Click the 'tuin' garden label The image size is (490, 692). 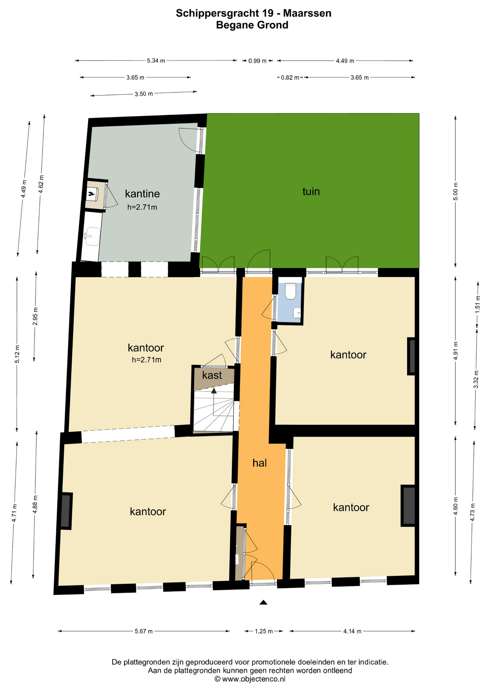(x=311, y=191)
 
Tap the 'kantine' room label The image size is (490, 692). (x=142, y=194)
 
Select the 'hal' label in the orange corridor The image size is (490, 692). (x=259, y=463)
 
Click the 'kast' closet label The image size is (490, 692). (x=212, y=375)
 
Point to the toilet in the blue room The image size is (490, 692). (x=290, y=291)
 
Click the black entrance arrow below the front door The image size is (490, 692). (x=263, y=602)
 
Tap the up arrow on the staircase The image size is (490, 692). (x=214, y=391)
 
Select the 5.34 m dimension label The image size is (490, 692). (x=156, y=61)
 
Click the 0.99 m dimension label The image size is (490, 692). (x=257, y=61)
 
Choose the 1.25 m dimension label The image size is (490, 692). (x=264, y=631)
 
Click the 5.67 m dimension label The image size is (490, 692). (x=144, y=631)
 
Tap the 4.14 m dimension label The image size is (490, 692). (x=352, y=631)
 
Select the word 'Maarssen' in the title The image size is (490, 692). (x=307, y=13)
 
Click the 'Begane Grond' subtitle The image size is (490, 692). (x=252, y=25)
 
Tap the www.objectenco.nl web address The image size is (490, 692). (x=254, y=679)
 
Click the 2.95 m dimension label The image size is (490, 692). (x=35, y=316)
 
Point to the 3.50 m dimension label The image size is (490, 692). (x=144, y=94)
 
